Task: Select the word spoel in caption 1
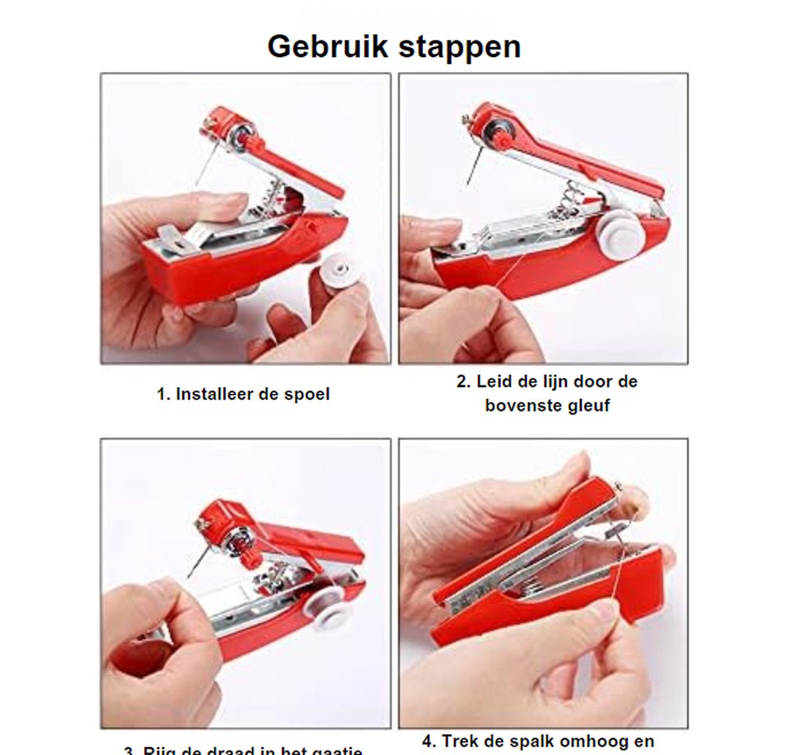pos(307,394)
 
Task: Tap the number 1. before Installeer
pos(164,394)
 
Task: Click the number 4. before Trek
pos(429,742)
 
